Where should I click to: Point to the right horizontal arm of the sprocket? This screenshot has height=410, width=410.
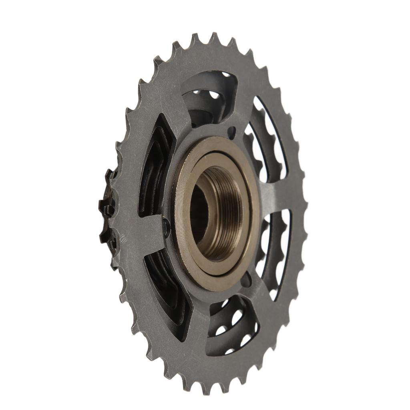[280, 192]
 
